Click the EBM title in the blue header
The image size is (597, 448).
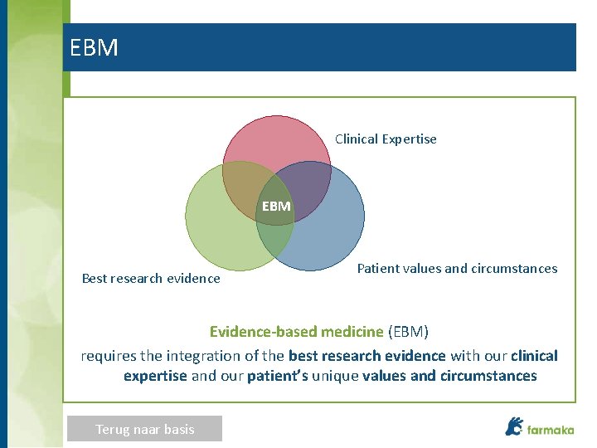(x=94, y=48)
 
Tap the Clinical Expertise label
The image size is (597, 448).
(x=386, y=139)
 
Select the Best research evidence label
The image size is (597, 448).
(x=151, y=279)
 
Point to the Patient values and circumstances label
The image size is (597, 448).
(x=457, y=269)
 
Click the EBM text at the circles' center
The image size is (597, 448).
(x=276, y=206)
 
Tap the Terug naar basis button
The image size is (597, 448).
(x=145, y=429)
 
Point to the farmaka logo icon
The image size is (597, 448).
(x=514, y=426)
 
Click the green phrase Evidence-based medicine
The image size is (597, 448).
(x=296, y=333)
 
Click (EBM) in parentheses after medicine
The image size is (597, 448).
(x=408, y=333)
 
